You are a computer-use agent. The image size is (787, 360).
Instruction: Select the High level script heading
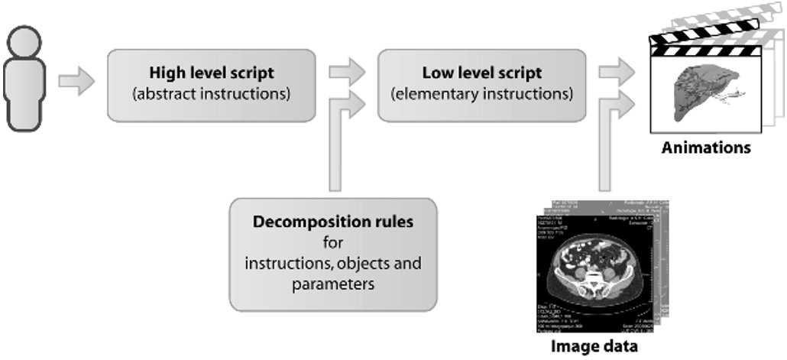[x=212, y=73]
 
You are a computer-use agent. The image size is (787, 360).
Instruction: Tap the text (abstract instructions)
[x=212, y=95]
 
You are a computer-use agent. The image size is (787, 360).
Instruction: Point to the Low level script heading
[x=481, y=73]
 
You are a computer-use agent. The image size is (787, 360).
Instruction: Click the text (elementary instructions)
[x=481, y=95]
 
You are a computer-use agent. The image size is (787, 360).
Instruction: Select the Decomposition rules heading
[x=332, y=222]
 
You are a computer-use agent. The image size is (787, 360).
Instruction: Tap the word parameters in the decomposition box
[x=332, y=284]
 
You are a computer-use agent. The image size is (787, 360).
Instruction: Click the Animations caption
[x=705, y=147]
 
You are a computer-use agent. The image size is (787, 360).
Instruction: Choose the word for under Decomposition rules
[x=332, y=243]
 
